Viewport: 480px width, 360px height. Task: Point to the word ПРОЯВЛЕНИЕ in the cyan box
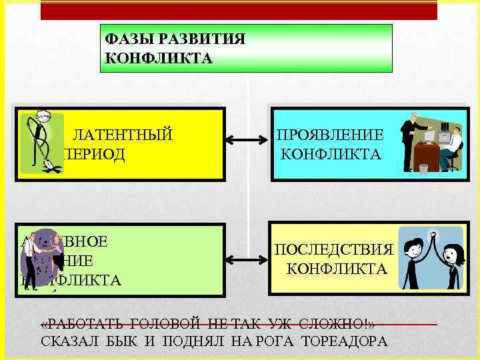click(331, 135)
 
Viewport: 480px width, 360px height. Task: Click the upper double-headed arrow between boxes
click(247, 142)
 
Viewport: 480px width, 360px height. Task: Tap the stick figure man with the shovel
click(41, 141)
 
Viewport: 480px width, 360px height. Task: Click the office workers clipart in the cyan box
click(431, 143)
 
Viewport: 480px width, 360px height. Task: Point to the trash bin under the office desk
click(424, 167)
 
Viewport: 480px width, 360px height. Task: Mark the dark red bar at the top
click(239, 10)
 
